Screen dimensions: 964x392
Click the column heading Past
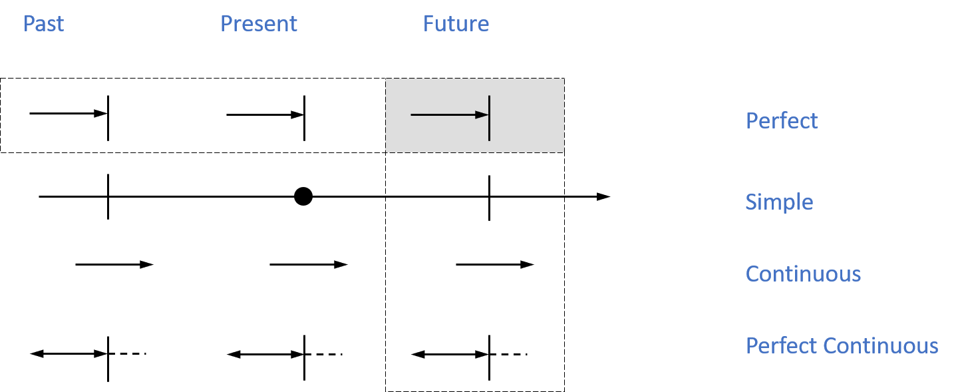43,24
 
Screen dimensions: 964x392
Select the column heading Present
259,24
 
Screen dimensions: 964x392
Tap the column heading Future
456,24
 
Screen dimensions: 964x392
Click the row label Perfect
782,120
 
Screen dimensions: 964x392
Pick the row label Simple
779,202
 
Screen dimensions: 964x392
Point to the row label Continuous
803,274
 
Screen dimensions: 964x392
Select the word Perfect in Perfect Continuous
782,345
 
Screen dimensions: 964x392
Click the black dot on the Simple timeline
303,196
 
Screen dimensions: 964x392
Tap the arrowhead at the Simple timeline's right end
603,196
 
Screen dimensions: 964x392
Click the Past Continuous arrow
114,264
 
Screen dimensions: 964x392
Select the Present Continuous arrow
309,264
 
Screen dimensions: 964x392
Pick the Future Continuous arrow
495,264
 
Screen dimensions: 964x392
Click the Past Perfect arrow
69,114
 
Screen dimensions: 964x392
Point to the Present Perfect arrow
265,115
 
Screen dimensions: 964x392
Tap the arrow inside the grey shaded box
450,115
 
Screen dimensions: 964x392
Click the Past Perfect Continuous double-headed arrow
69,353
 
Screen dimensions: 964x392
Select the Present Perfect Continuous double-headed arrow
265,355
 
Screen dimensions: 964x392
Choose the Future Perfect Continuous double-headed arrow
450,355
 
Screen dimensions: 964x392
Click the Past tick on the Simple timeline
108,196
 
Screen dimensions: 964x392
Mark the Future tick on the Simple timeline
489,198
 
